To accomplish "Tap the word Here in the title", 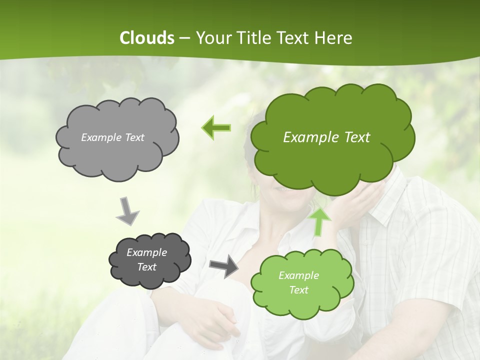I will pyautogui.click(x=334, y=38).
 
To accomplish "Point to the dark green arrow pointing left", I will pyautogui.click(x=216, y=128).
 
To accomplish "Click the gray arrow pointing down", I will pyautogui.click(x=127, y=210).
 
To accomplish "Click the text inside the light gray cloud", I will pyautogui.click(x=112, y=137).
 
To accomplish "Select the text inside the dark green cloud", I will pyautogui.click(x=326, y=137).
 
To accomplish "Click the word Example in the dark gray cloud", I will pyautogui.click(x=146, y=252).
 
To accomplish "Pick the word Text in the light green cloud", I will pyautogui.click(x=298, y=290).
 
